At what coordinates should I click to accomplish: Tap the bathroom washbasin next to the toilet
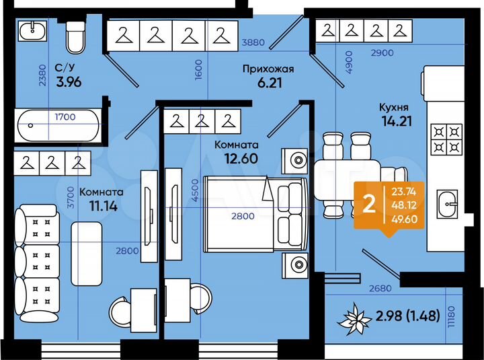pyautogui.click(x=31, y=32)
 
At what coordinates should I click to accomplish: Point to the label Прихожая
pyautogui.click(x=268, y=68)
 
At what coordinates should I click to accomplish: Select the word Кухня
pyautogui.click(x=393, y=107)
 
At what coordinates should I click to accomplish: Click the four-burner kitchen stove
pyautogui.click(x=446, y=139)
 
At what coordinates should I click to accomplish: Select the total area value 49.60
pyautogui.click(x=403, y=218)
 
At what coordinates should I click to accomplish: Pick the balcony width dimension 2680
pyautogui.click(x=378, y=289)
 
